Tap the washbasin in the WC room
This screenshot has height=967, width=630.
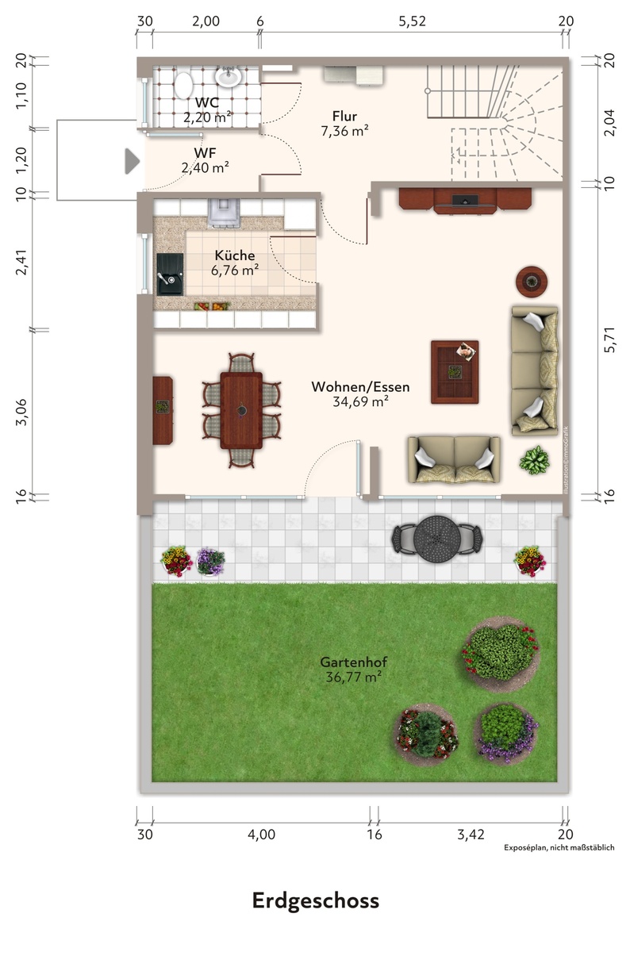click(x=228, y=77)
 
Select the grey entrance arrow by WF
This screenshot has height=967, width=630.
click(x=133, y=161)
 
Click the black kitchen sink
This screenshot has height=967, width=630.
click(x=170, y=274)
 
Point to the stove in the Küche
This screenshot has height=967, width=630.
click(x=224, y=213)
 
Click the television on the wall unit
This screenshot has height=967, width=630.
click(x=465, y=199)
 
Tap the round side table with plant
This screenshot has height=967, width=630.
click(x=532, y=282)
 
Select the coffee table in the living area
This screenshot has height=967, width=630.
click(x=455, y=372)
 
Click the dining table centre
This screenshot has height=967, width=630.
click(x=241, y=411)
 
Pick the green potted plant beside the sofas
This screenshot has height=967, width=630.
click(x=534, y=461)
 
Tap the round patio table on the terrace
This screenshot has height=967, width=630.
click(x=437, y=539)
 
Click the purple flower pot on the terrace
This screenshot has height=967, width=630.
click(x=211, y=562)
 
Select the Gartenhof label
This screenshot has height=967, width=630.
click(x=353, y=662)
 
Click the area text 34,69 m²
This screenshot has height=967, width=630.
click(x=360, y=401)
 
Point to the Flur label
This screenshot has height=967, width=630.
click(x=344, y=116)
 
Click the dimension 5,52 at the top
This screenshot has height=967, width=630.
click(x=412, y=21)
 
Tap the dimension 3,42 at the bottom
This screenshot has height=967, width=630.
click(x=471, y=834)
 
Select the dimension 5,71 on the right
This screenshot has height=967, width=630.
click(x=609, y=340)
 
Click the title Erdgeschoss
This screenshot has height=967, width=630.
click(x=316, y=901)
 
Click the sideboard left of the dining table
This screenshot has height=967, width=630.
click(x=163, y=410)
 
